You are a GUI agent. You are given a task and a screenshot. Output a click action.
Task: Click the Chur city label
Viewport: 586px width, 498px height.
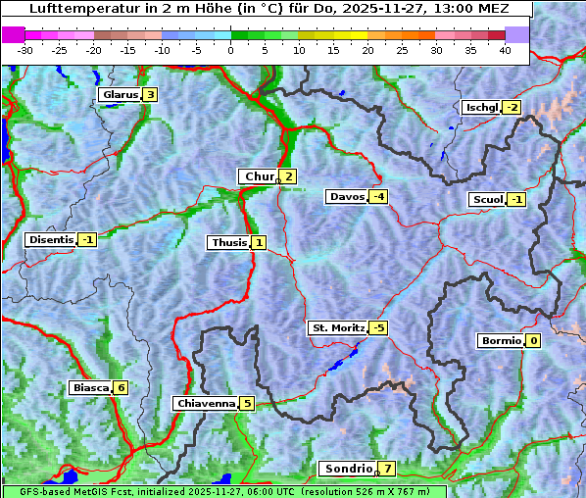point(259,176)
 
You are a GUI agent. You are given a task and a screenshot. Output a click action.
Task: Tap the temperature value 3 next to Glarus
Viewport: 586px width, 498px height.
point(149,95)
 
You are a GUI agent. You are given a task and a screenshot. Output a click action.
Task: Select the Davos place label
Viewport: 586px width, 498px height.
point(347,197)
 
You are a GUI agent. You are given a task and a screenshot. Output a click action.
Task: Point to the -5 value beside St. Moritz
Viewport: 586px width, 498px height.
point(377,327)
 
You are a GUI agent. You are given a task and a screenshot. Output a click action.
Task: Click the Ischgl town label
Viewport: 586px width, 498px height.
point(481,107)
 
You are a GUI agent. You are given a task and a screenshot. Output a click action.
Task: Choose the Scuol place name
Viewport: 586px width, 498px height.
point(487,200)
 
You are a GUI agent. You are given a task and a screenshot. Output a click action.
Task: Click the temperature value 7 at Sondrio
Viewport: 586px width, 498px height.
point(388,469)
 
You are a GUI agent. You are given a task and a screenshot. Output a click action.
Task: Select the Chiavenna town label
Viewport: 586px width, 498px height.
point(205,403)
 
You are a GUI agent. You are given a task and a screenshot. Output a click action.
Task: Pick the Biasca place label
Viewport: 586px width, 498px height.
point(91,387)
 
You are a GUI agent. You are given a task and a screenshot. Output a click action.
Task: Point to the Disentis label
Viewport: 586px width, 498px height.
point(51,239)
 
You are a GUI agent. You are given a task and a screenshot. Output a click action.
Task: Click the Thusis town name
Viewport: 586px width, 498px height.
point(228,242)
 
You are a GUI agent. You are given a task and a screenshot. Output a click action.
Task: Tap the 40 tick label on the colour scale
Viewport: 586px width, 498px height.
point(505,49)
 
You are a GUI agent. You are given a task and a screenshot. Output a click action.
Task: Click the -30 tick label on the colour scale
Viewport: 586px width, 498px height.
point(25,49)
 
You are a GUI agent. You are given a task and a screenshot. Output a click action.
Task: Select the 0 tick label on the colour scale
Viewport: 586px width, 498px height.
point(230,49)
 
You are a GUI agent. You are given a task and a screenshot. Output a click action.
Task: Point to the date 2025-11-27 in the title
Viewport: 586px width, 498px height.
point(401,8)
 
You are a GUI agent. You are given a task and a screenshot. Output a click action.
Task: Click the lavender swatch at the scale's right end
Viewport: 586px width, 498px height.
point(516,34)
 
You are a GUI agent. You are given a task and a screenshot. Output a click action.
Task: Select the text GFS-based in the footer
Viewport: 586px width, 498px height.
point(35,491)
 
